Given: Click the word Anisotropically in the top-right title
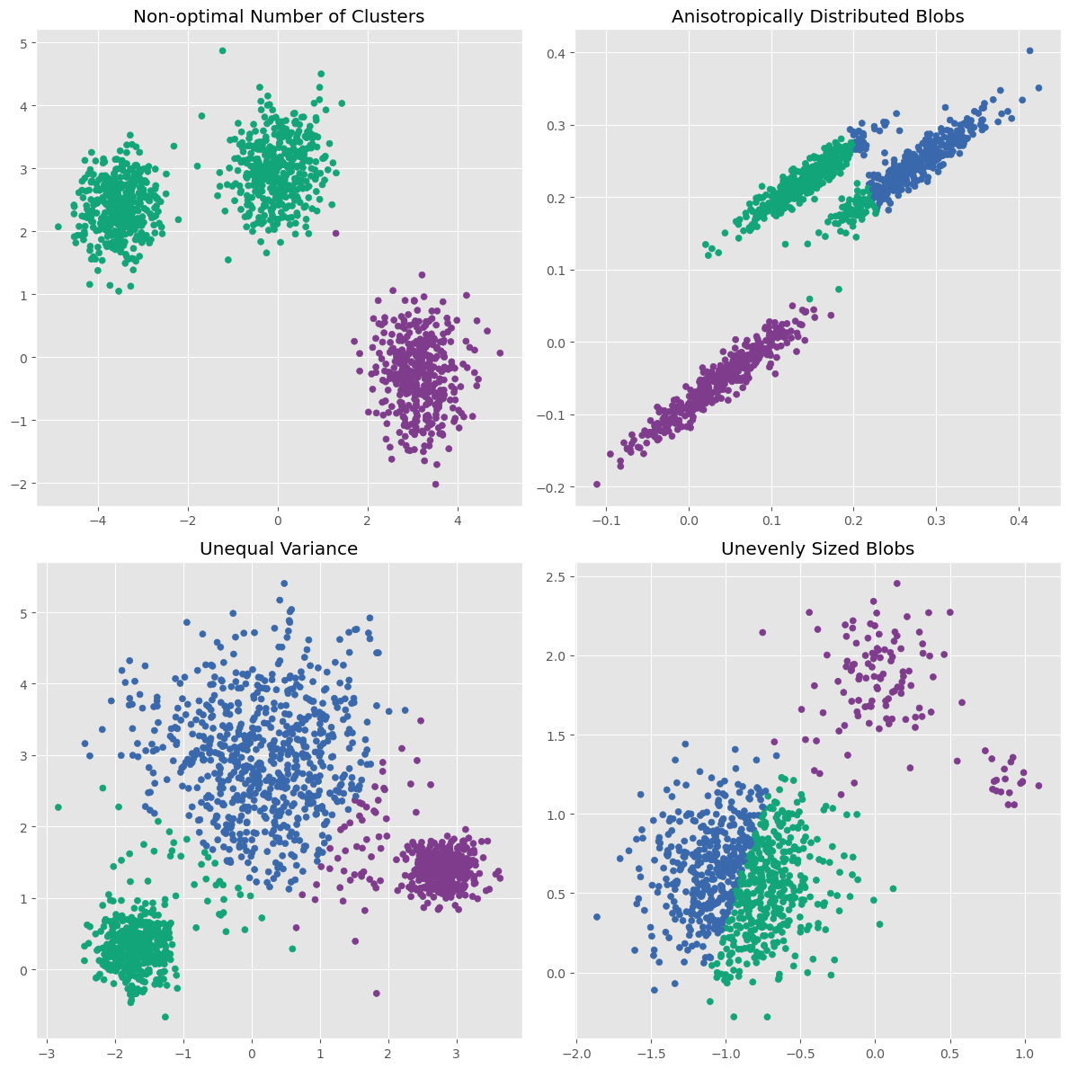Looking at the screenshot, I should pyautogui.click(x=723, y=16).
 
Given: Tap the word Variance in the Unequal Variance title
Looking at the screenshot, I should pyautogui.click(x=318, y=548).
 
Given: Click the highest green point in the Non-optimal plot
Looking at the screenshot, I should pyautogui.click(x=222, y=50).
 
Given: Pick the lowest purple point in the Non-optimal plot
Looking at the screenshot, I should pyautogui.click(x=435, y=484).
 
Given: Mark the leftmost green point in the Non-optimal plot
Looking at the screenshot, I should pyautogui.click(x=58, y=227).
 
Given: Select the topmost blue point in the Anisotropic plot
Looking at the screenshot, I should pyautogui.click(x=1029, y=51).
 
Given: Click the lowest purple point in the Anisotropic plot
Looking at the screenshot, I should pyautogui.click(x=596, y=484).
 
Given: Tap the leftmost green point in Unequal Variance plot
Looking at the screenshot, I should pyautogui.click(x=58, y=807).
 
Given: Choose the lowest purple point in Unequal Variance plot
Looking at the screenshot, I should pyautogui.click(x=376, y=993).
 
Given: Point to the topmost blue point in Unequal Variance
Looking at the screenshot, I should pyautogui.click(x=284, y=583).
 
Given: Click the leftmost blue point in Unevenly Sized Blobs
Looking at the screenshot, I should pyautogui.click(x=596, y=917).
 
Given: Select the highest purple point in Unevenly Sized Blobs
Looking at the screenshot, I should pyautogui.click(x=896, y=583).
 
